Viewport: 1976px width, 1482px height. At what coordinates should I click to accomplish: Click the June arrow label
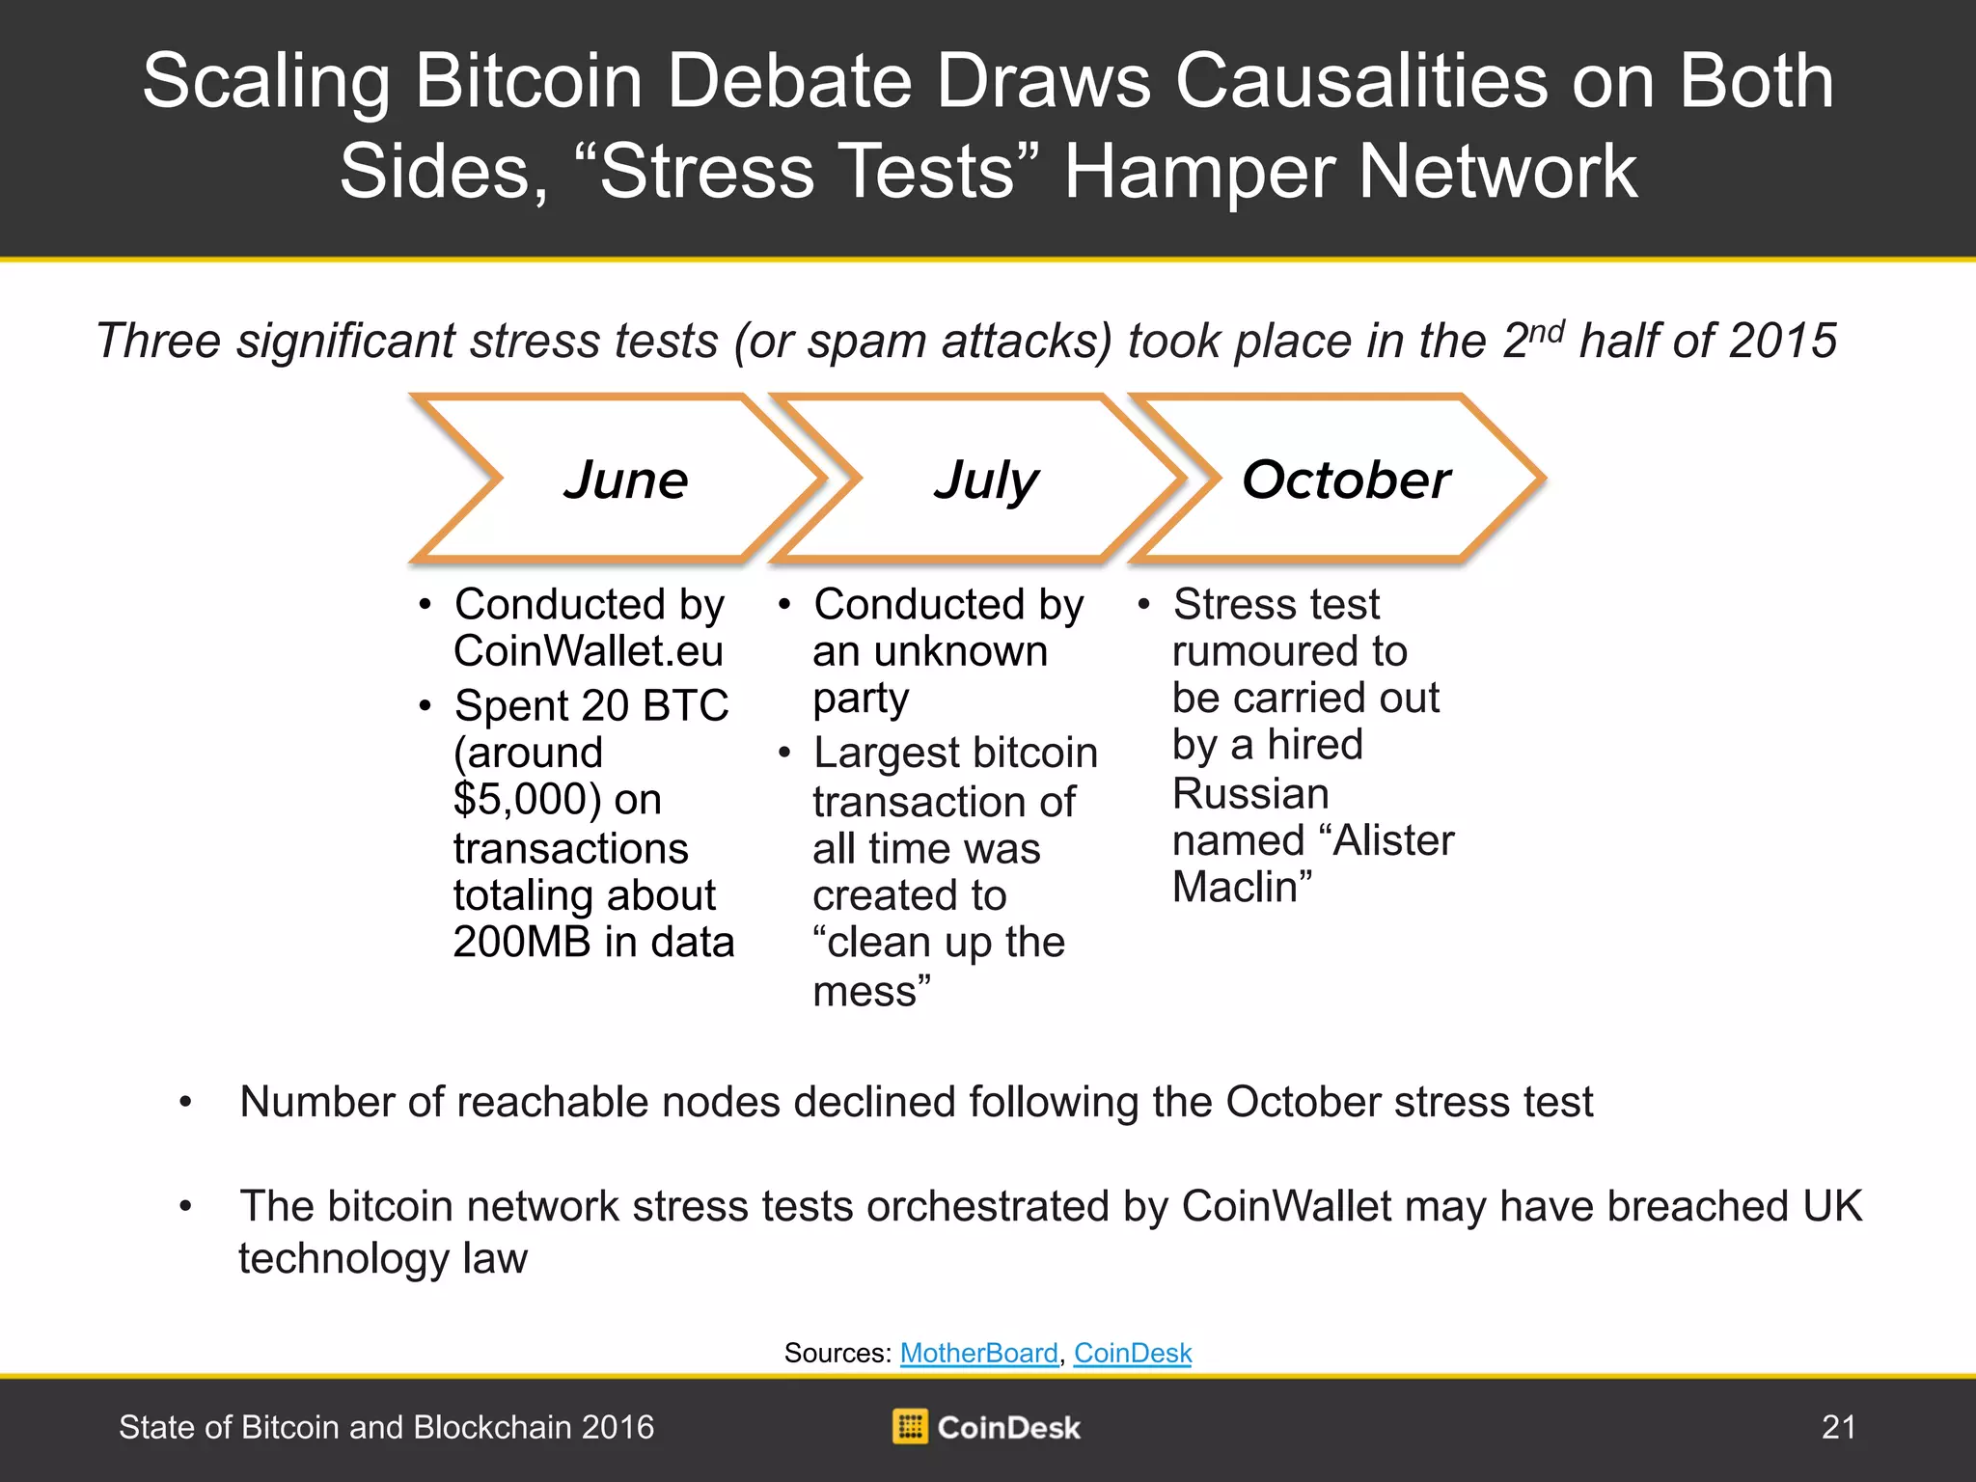click(x=626, y=480)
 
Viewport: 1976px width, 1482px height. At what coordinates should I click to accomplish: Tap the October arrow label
click(x=1347, y=480)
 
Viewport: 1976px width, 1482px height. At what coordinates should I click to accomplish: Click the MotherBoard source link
click(x=979, y=1353)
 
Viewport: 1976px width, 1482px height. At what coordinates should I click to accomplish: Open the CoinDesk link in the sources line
click(x=1133, y=1353)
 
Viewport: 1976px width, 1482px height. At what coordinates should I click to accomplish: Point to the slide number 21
click(x=1838, y=1427)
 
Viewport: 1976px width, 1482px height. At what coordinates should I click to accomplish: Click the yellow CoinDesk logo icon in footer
click(x=910, y=1427)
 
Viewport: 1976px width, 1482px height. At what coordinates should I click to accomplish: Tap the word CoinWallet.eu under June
click(x=589, y=651)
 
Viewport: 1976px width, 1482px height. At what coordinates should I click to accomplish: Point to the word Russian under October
click(x=1250, y=794)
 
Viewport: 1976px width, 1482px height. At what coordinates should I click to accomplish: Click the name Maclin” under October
click(x=1243, y=888)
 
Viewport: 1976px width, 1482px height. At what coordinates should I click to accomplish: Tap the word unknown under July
click(x=961, y=652)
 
